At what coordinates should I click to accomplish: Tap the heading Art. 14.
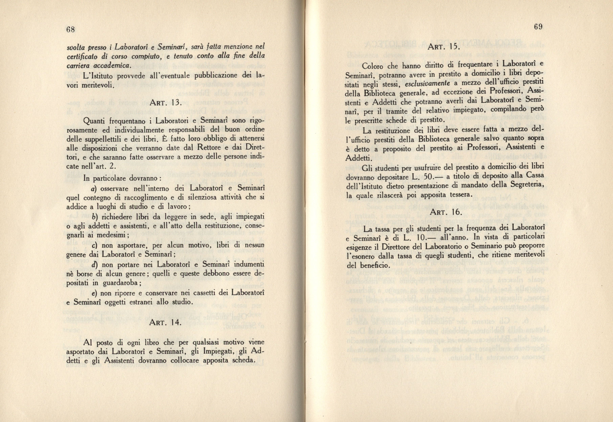click(x=165, y=323)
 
